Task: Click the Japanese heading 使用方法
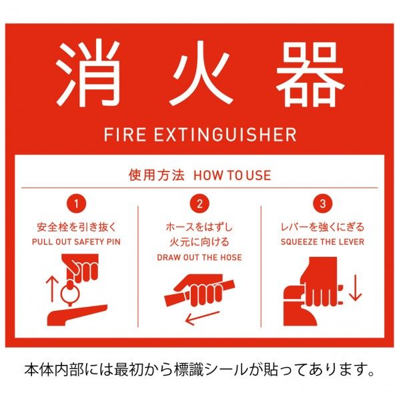click(x=155, y=175)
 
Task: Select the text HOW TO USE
click(x=232, y=175)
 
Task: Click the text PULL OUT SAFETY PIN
click(x=77, y=241)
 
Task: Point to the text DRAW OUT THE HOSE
click(x=199, y=257)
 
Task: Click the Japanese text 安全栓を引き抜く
click(x=77, y=228)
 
